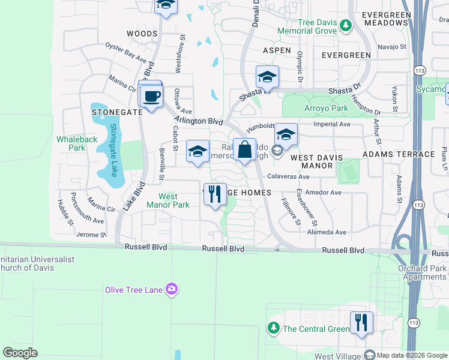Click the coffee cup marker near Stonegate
(x=151, y=97)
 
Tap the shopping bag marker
(x=245, y=151)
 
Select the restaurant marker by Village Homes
(x=215, y=195)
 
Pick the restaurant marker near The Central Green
(x=361, y=323)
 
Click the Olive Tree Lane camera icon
(x=172, y=290)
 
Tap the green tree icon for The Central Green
(x=274, y=328)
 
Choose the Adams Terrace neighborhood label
(x=399, y=154)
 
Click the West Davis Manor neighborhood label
(x=316, y=161)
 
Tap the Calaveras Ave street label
(x=288, y=177)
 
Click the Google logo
(x=20, y=353)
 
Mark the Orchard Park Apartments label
(x=422, y=272)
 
